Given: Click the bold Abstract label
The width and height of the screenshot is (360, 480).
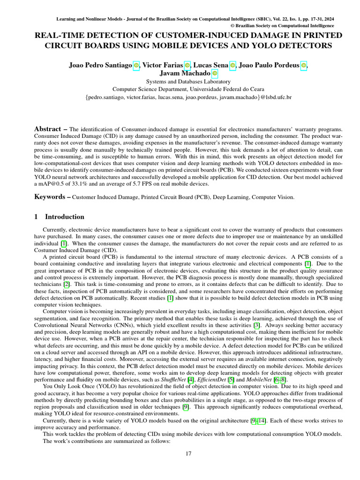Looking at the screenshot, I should point(48,129).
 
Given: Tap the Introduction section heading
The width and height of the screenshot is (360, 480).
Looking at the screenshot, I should point(64,217).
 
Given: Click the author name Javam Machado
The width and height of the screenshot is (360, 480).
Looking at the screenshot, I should point(178,73).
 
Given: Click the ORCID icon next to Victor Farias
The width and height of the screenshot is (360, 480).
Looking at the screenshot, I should point(187,65).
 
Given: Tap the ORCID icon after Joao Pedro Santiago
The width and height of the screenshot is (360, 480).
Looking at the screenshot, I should point(136,65).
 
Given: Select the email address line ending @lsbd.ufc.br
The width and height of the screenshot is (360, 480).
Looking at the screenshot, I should point(188,97).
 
